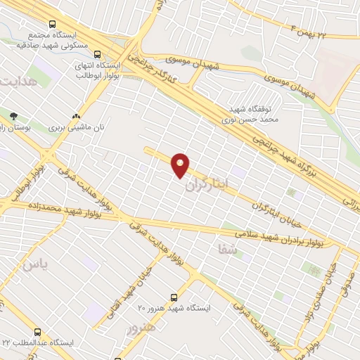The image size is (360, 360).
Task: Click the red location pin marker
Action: click(x=181, y=165)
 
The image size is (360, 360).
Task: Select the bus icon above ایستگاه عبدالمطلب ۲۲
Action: click(x=37, y=332)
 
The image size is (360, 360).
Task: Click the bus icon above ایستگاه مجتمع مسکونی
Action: click(x=53, y=23)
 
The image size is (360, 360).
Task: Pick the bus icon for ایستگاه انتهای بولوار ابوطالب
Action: click(x=97, y=53)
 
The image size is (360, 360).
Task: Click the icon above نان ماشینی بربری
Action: click(x=76, y=117)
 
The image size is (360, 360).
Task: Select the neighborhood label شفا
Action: click(x=229, y=249)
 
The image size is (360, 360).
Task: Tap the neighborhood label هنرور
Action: click(x=140, y=328)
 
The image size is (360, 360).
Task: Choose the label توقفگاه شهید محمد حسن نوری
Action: click(x=257, y=115)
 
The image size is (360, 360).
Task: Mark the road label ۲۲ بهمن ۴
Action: click(x=308, y=30)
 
